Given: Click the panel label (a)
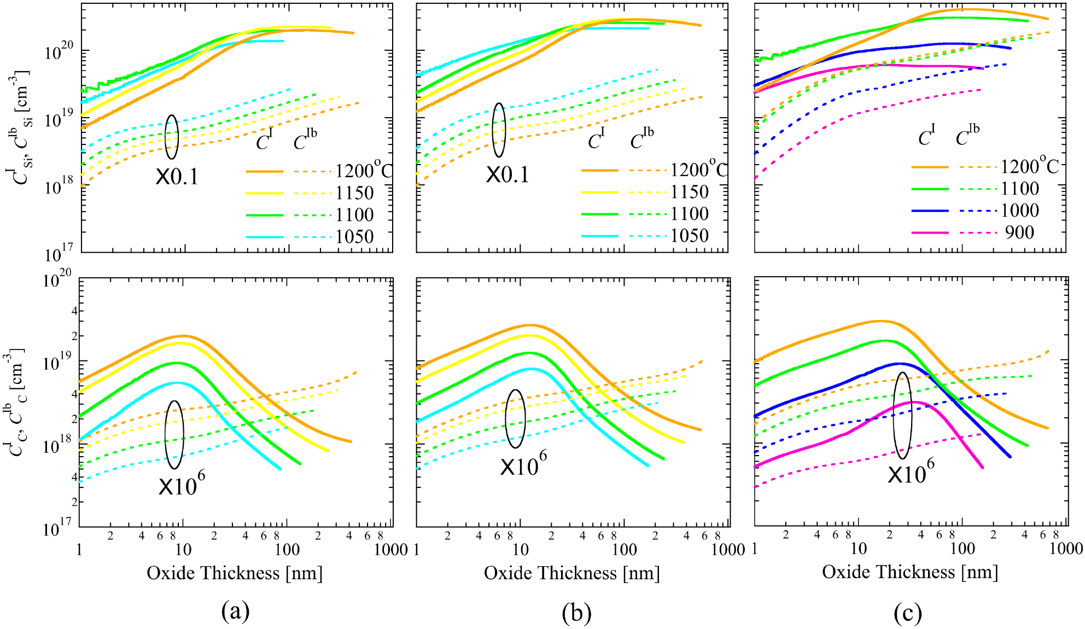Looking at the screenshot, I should click(236, 611).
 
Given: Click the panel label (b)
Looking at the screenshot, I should click(576, 613).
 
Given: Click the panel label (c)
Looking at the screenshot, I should click(908, 613).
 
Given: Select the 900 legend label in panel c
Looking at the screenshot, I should click(1019, 232).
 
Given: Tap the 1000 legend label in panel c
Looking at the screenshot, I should click(1020, 211).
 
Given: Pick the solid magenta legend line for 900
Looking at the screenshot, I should click(930, 233).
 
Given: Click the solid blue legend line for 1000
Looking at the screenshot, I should click(930, 211).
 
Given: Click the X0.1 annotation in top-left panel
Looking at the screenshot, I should click(177, 177).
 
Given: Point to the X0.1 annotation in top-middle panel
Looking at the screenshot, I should click(507, 175).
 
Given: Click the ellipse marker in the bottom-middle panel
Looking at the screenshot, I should click(515, 418).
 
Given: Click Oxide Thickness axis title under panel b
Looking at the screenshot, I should click(571, 573).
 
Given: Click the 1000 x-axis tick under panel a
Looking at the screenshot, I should click(391, 550).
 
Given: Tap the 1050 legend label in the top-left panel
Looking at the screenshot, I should click(354, 237).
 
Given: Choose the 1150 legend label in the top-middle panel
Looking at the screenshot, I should click(690, 192).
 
